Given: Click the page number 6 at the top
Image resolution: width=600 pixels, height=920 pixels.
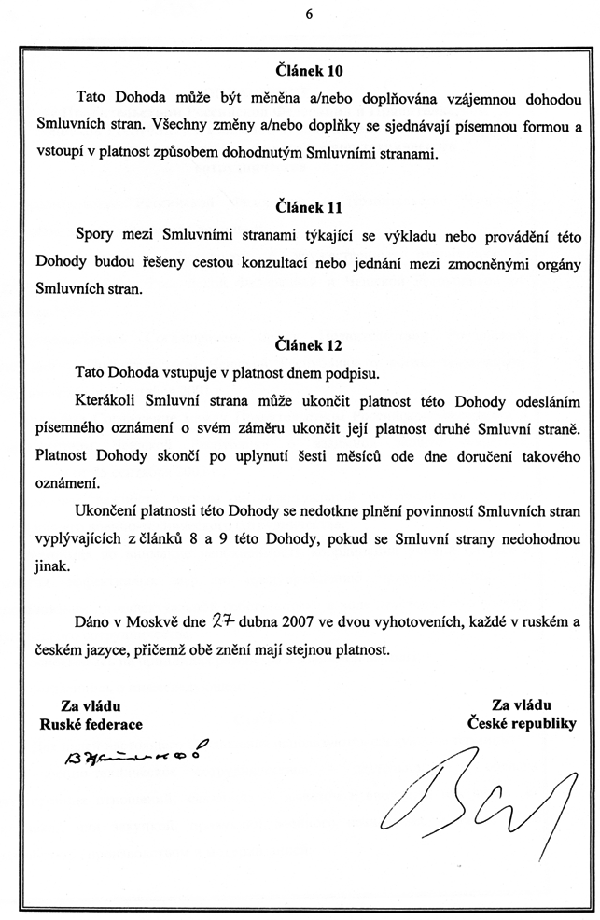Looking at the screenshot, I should [x=308, y=13].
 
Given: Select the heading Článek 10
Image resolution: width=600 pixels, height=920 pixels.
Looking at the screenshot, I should [x=309, y=69].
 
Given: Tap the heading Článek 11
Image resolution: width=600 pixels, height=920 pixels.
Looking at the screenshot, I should [x=309, y=207].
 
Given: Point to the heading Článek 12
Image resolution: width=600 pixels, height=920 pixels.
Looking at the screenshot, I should [x=309, y=345].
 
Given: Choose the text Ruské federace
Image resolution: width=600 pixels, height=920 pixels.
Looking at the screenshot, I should [x=91, y=723].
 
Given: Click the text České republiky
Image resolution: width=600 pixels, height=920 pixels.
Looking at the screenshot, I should [x=523, y=723].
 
